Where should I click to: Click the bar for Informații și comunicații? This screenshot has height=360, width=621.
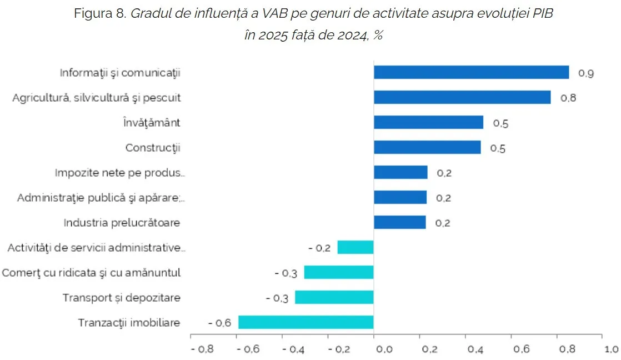point(471,73)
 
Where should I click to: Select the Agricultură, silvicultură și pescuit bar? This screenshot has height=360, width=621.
point(462,97)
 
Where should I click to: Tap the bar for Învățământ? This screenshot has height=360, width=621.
point(428,122)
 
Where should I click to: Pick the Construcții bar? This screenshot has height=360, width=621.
point(427,147)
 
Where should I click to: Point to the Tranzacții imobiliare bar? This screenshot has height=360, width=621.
point(306,322)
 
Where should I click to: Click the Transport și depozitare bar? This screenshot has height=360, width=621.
point(334,297)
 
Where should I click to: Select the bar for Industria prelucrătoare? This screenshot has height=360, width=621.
point(400,222)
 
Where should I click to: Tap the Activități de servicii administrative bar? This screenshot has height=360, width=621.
point(355,247)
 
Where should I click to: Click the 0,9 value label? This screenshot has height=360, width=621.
point(587,73)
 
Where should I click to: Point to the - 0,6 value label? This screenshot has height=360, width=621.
point(219,323)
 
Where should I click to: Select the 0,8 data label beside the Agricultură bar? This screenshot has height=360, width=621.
point(568,98)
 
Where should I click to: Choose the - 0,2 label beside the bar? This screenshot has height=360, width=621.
point(319,248)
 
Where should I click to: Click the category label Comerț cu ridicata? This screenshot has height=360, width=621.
point(91,273)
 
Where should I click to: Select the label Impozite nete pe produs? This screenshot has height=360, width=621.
point(119,172)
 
